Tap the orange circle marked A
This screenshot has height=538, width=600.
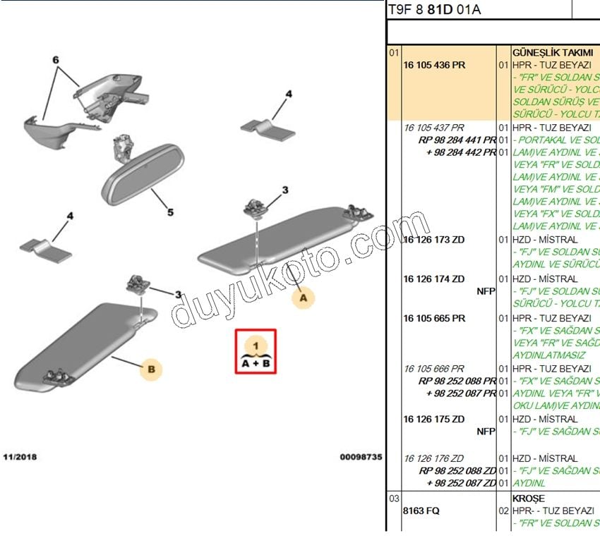click(x=303, y=298)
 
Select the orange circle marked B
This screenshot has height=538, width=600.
click(x=150, y=368)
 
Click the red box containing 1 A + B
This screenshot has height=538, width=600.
click(x=256, y=351)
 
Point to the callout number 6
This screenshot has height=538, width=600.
click(x=56, y=61)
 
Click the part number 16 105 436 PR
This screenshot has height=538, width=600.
click(x=434, y=65)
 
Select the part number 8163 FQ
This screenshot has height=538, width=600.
click(x=421, y=511)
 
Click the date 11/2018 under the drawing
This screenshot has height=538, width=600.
click(x=19, y=457)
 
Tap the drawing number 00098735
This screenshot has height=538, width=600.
click(x=361, y=457)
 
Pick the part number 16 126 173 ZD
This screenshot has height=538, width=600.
click(x=434, y=240)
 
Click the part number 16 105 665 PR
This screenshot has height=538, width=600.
click(x=434, y=318)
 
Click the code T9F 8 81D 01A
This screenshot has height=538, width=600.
click(x=434, y=11)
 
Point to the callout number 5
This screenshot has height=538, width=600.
click(x=170, y=212)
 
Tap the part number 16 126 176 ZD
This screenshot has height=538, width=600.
click(x=434, y=458)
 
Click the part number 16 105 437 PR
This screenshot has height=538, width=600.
click(x=434, y=128)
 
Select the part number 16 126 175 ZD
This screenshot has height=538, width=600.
click(x=434, y=419)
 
